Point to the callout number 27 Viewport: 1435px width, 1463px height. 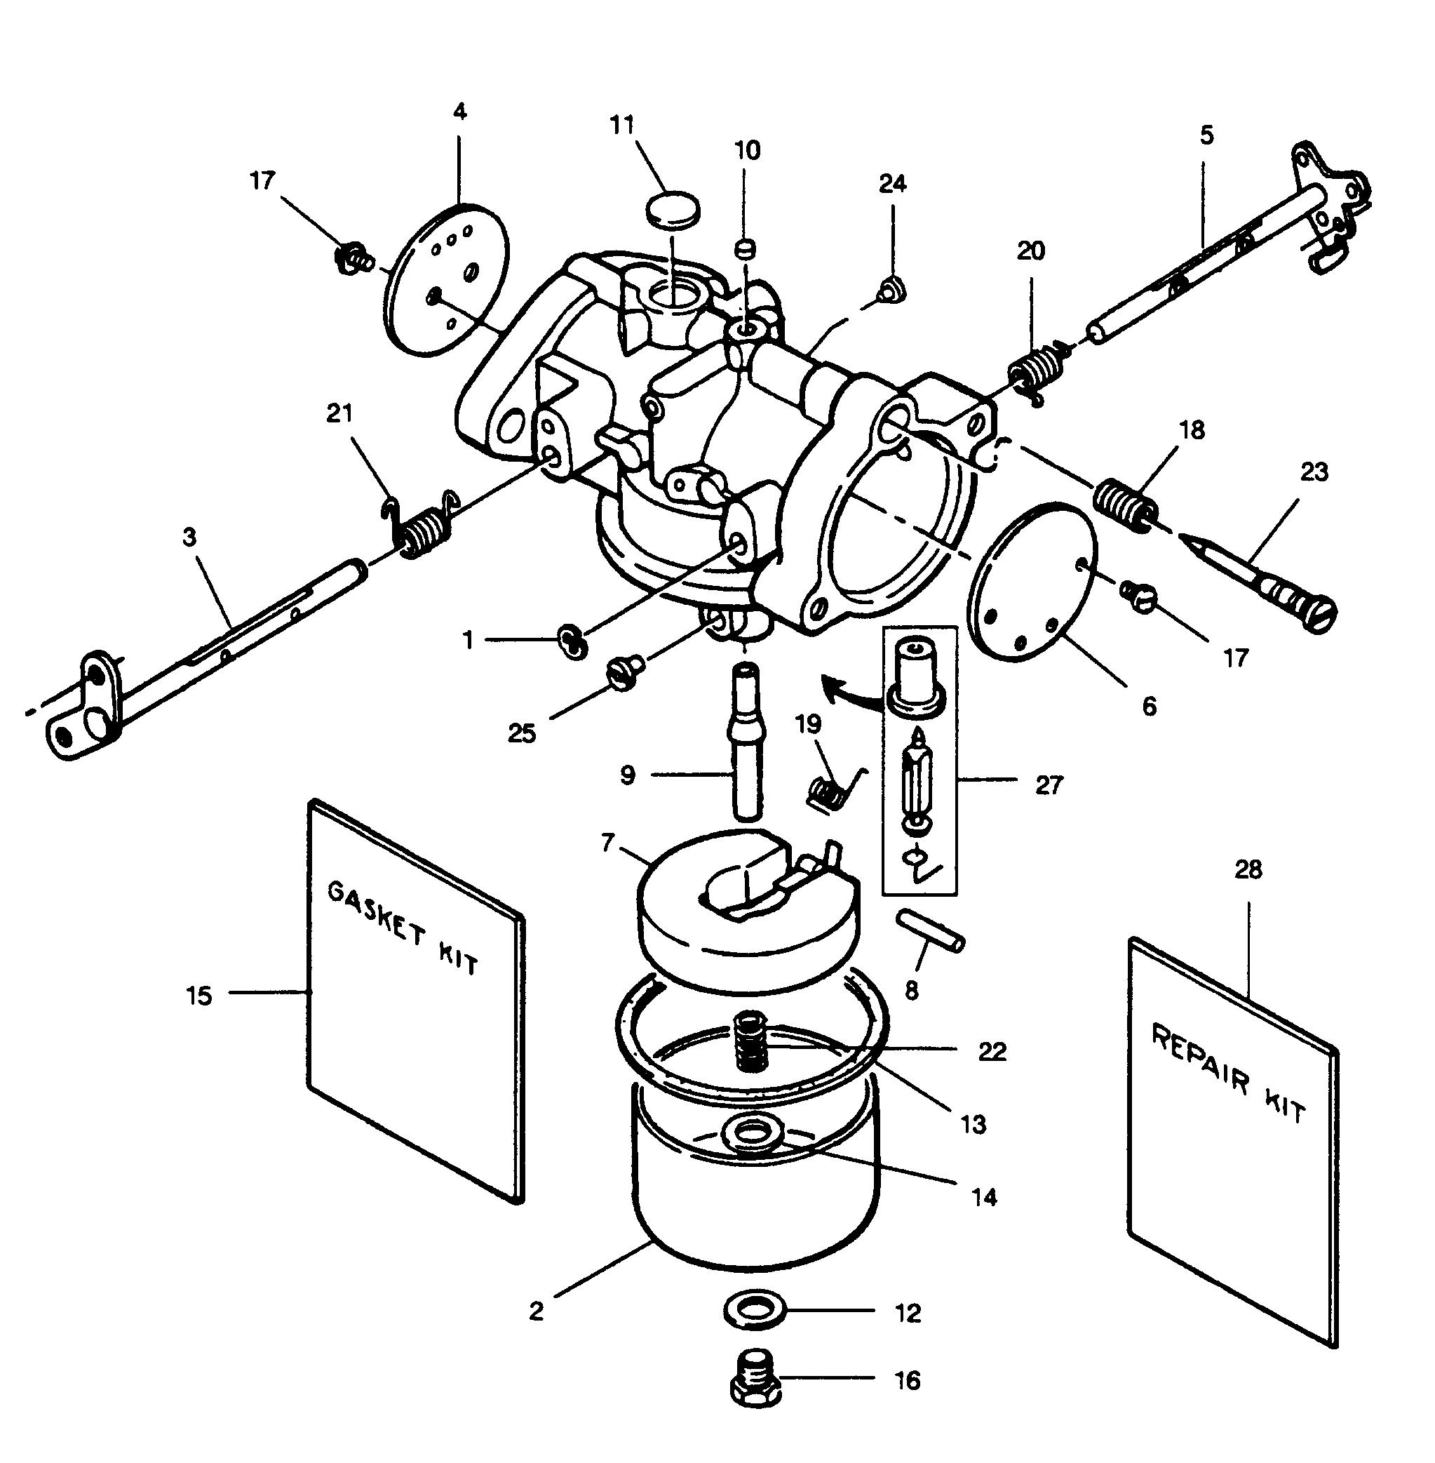click(x=1049, y=786)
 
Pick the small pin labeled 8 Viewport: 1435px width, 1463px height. click(x=930, y=930)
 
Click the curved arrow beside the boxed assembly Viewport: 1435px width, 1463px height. click(x=847, y=688)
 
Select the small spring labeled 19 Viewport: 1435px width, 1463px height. click(x=830, y=791)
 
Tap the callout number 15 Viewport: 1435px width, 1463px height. click(x=200, y=996)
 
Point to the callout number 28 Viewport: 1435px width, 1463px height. click(x=1248, y=869)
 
